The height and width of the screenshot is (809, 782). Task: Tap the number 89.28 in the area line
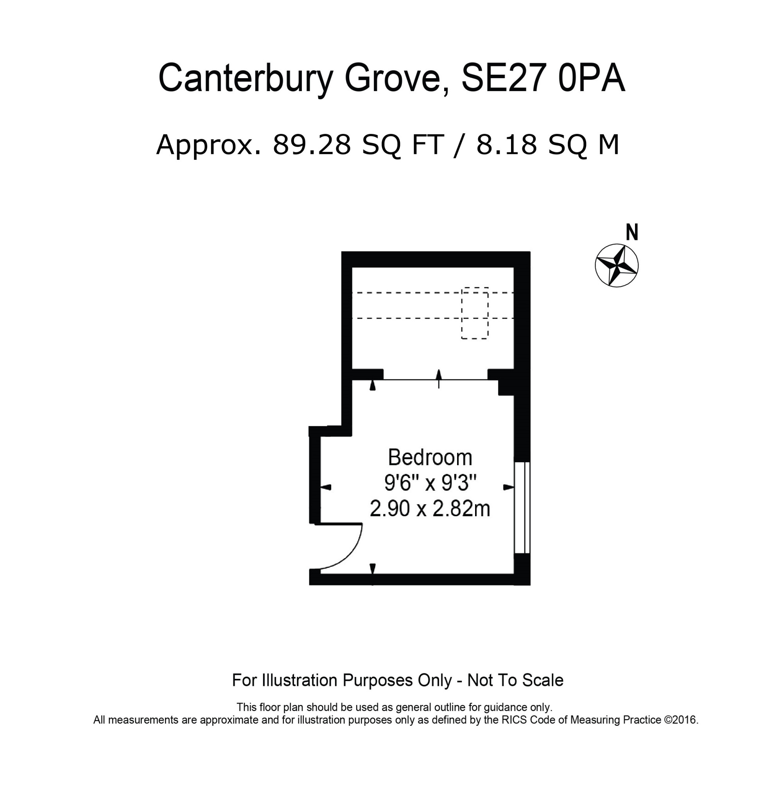312,145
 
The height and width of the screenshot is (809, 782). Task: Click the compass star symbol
617,265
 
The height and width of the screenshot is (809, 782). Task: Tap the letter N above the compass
632,232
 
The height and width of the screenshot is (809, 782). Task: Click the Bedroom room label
430,457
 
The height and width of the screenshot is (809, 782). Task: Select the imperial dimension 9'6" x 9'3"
430,483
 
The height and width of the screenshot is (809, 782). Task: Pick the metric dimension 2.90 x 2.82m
430,508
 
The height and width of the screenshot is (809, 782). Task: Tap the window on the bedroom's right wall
522,507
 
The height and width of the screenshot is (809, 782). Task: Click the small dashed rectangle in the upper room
475,313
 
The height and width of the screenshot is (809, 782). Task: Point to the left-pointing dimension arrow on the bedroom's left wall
326,487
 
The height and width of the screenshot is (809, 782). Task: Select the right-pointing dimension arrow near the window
509,487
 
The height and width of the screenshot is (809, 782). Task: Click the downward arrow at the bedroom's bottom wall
372,569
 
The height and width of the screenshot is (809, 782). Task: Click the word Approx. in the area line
209,145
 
